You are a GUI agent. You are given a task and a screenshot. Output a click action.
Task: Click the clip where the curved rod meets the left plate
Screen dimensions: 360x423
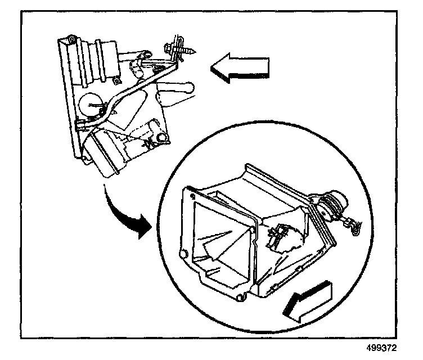(80, 122)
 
